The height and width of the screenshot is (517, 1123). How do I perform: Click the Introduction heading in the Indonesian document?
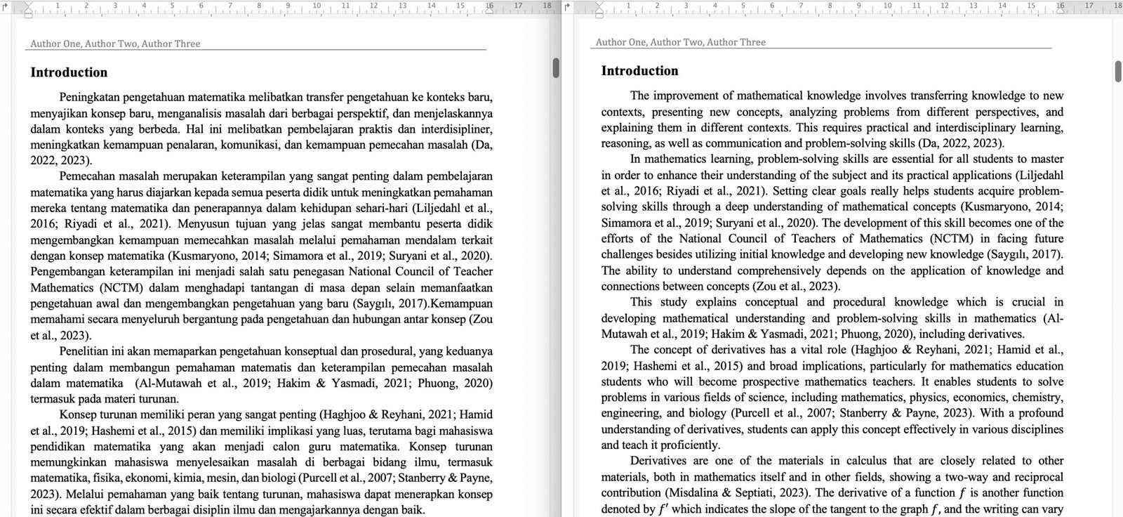pyautogui.click(x=69, y=72)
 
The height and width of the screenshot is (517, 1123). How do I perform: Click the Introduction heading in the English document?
pyautogui.click(x=639, y=71)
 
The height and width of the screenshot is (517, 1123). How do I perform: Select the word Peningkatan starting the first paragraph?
pyautogui.click(x=88, y=97)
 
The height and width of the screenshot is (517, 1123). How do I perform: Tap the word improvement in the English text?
pyautogui.click(x=684, y=96)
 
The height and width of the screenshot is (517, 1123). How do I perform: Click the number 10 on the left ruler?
pyautogui.click(x=317, y=6)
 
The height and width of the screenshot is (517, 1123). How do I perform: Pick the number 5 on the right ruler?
pyautogui.click(x=743, y=6)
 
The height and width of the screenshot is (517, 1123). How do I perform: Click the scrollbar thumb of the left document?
pyautogui.click(x=556, y=67)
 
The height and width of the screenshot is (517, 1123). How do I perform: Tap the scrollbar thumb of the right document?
pyautogui.click(x=1118, y=71)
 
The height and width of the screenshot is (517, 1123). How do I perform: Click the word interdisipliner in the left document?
pyautogui.click(x=456, y=129)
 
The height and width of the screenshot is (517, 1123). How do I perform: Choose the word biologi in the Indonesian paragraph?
pyautogui.click(x=352, y=478)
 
